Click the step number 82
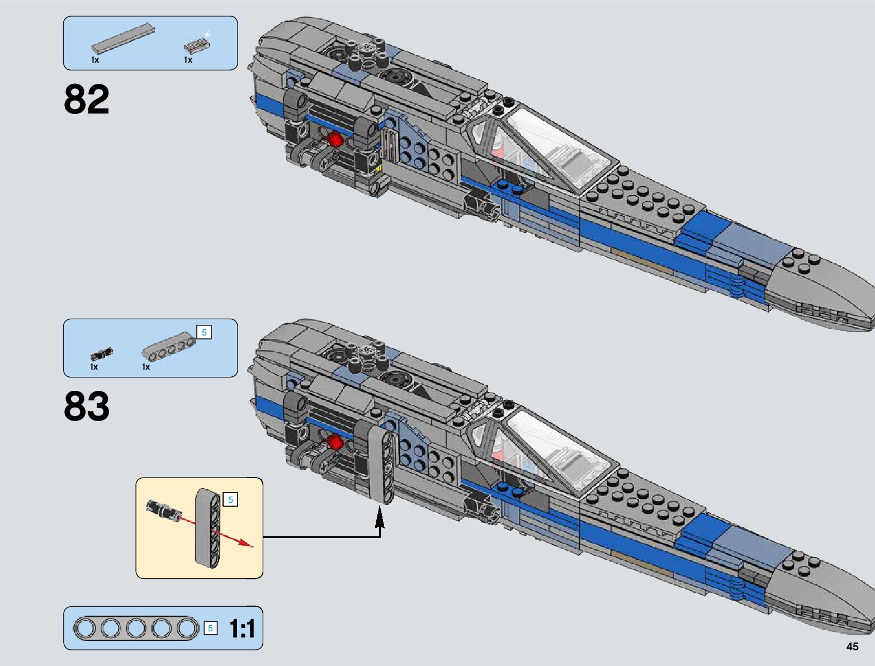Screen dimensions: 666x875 [x=87, y=100]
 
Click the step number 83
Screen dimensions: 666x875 [x=87, y=406]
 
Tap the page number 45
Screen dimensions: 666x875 [x=852, y=646]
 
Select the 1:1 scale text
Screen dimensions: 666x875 [x=242, y=629]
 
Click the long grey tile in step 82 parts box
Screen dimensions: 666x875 [x=123, y=38]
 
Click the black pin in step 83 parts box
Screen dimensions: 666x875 [x=101, y=354]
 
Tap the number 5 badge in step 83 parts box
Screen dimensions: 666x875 [x=204, y=333]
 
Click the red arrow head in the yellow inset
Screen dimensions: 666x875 [x=245, y=543]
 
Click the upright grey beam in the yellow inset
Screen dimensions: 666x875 [x=208, y=528]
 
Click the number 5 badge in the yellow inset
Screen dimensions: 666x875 [x=230, y=499]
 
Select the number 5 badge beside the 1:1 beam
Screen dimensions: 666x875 [x=210, y=629]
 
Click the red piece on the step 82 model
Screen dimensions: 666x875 [x=335, y=139]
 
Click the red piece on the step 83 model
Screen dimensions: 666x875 [x=334, y=443]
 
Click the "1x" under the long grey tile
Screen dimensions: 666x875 [x=95, y=60]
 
